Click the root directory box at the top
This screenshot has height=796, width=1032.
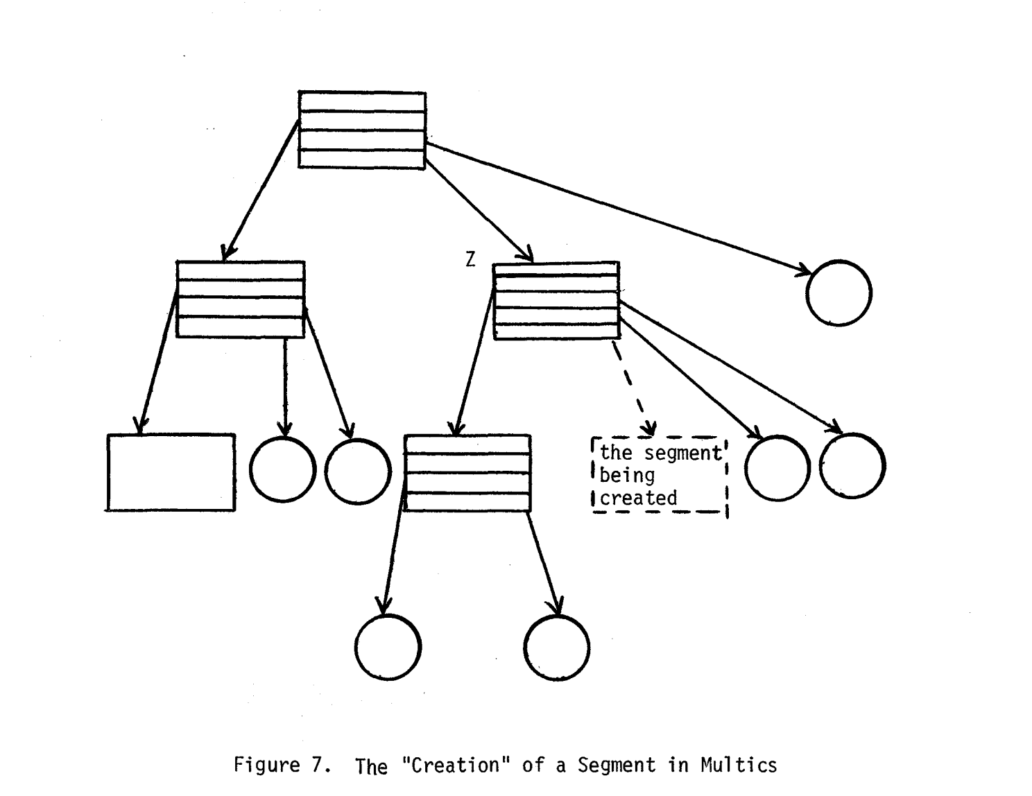point(362,130)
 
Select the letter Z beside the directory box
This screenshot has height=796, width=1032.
point(471,260)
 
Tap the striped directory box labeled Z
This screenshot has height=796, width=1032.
point(556,301)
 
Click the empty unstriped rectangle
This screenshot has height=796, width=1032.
point(171,472)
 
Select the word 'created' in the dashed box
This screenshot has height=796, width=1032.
point(638,499)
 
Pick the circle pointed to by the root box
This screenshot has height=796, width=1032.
point(839,293)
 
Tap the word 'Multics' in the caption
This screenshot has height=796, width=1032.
point(739,765)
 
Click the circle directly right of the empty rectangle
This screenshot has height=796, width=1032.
point(282,470)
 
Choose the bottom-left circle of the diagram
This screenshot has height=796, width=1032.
point(388,647)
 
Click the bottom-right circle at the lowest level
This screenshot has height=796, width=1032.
point(557,647)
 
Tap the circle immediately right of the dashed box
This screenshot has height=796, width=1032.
point(777,469)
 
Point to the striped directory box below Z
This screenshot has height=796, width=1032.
point(467,474)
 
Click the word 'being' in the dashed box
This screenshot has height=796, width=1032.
point(627,476)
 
